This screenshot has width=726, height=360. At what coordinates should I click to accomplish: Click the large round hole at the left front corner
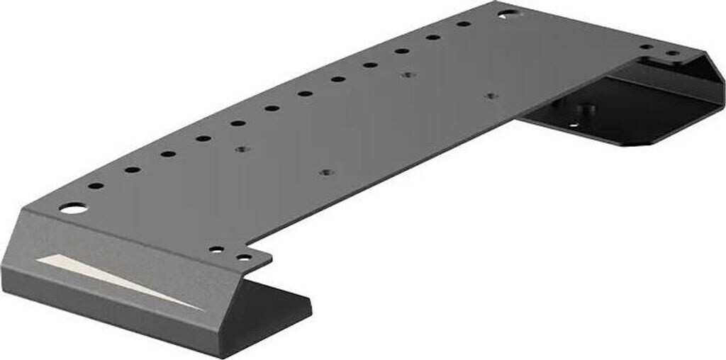[x=72, y=208]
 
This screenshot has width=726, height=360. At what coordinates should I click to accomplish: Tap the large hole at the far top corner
[x=507, y=13]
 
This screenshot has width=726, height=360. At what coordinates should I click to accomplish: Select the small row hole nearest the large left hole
[x=96, y=186]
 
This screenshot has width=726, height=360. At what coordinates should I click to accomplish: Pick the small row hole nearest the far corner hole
[x=464, y=24]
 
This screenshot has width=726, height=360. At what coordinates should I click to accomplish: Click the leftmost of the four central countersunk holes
[x=242, y=150]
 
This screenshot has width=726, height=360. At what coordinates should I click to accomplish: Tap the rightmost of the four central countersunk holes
[x=489, y=95]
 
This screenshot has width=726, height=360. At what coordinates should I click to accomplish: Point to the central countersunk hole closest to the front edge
[x=325, y=172]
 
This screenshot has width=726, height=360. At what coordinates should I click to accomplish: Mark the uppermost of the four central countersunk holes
[x=406, y=74]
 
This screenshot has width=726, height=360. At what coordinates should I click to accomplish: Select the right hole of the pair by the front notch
[x=243, y=257]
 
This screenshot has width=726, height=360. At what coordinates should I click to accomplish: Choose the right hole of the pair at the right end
[x=671, y=53]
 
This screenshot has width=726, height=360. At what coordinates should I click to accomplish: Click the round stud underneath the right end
[x=586, y=111]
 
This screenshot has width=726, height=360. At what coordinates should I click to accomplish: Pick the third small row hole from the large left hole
[x=168, y=153]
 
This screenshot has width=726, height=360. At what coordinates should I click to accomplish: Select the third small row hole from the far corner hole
[x=402, y=51]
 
